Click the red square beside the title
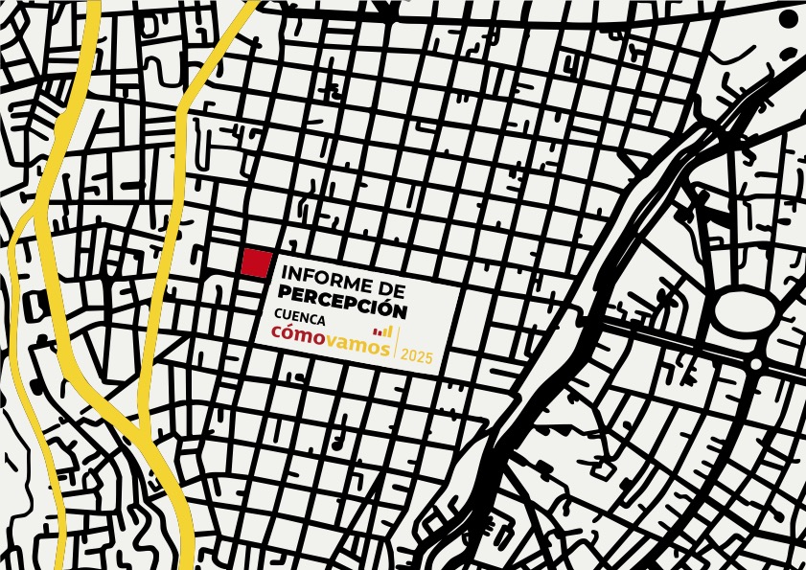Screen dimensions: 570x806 256,262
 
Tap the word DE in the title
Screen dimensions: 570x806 393,289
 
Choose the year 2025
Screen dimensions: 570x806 417,356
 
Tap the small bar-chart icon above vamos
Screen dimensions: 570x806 383,331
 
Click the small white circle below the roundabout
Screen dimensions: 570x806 755,364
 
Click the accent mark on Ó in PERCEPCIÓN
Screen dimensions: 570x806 388,299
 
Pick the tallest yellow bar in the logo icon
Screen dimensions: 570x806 390,330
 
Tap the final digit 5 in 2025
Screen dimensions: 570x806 429,356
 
